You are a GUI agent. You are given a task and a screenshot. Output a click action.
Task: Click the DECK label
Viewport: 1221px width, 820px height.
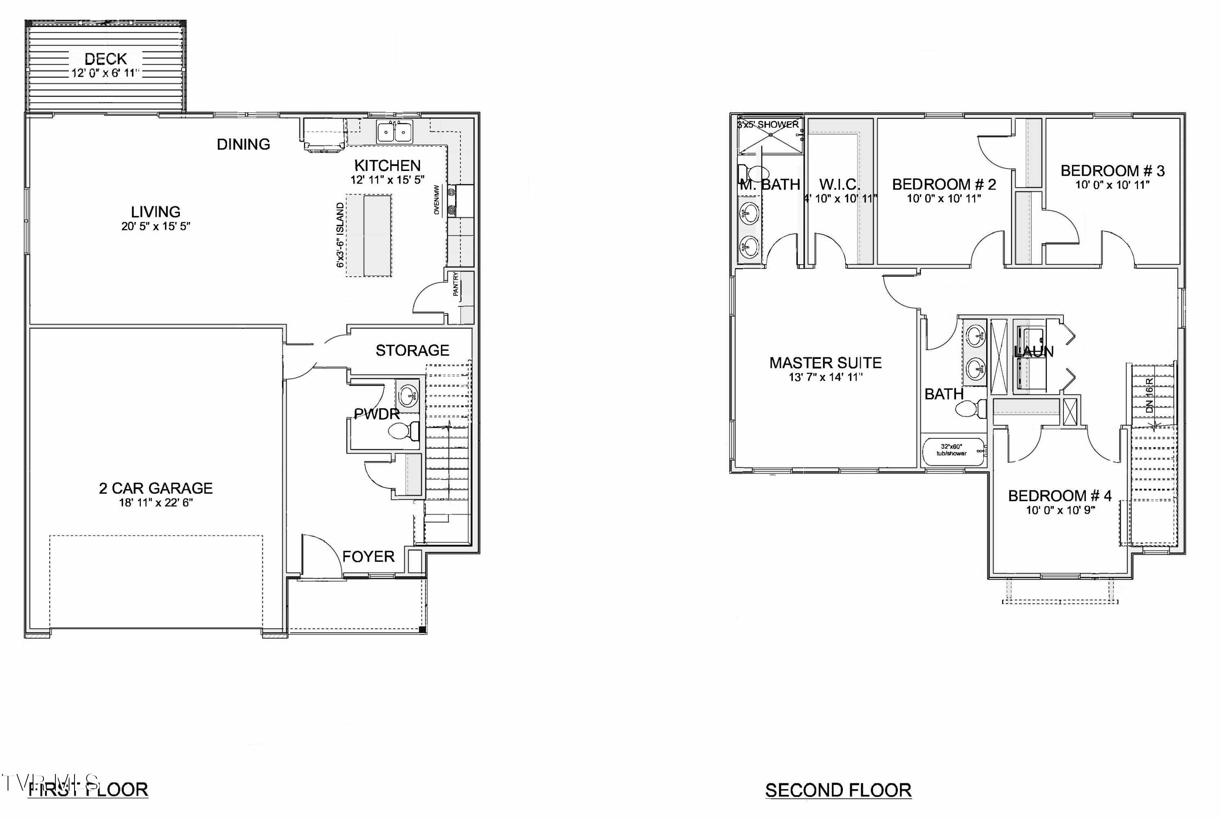click(106, 59)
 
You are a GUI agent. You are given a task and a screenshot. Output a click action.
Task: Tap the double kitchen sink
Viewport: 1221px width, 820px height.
click(394, 132)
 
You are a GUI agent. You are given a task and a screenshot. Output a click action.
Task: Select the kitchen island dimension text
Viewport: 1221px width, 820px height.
click(340, 235)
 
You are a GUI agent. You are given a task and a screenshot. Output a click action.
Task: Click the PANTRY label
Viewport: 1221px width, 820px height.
click(455, 284)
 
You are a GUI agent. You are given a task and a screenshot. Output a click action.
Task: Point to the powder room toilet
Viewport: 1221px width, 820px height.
click(404, 431)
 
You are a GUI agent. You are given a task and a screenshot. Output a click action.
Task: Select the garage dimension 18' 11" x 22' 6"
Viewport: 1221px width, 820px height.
click(156, 503)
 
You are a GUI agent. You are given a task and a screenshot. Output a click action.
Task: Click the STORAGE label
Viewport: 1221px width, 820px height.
click(412, 350)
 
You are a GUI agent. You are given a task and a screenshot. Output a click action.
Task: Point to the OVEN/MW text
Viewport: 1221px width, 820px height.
click(437, 199)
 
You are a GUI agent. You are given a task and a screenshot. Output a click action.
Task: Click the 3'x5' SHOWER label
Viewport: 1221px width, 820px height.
click(768, 125)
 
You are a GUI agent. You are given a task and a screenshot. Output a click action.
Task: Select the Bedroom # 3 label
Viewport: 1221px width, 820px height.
click(1112, 171)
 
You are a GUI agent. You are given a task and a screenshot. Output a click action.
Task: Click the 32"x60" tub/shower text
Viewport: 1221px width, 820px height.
click(951, 450)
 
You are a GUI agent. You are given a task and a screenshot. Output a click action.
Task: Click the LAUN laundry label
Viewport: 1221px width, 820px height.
click(1033, 352)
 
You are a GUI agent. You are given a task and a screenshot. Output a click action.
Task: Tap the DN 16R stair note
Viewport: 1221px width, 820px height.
click(1149, 396)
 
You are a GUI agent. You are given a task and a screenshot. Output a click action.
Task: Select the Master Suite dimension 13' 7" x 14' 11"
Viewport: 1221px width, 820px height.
click(825, 377)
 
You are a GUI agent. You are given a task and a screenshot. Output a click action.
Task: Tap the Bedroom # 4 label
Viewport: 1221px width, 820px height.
click(1059, 495)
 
